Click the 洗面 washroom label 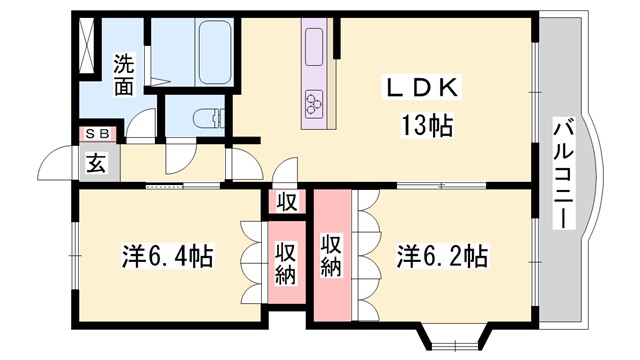(123, 74)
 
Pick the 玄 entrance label (97, 162)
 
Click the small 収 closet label (287, 201)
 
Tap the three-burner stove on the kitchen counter (315, 100)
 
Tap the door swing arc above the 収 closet (285, 170)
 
